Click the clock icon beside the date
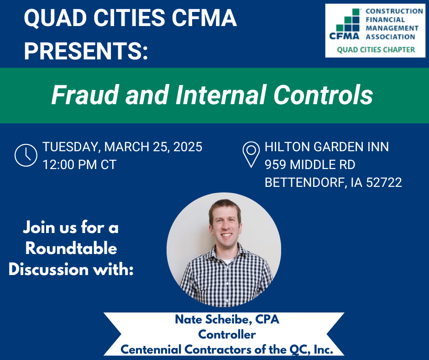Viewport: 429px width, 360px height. coord(26,155)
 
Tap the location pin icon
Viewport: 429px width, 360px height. coord(251,154)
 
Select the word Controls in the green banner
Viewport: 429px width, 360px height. coord(323,95)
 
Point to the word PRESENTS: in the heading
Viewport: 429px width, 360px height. coord(86,51)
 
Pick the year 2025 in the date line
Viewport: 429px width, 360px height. coord(188,147)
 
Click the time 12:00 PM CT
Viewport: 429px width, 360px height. coord(79,164)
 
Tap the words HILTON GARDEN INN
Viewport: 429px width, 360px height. coord(327,147)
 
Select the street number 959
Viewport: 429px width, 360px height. coord(275,164)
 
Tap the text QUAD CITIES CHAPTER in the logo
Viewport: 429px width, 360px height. coord(376,50)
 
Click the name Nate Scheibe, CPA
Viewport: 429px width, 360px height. coord(227,319)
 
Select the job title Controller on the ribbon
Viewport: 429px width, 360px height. coord(227,334)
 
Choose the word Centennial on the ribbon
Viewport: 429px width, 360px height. coord(151,349)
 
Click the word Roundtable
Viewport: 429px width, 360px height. coord(71,249)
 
